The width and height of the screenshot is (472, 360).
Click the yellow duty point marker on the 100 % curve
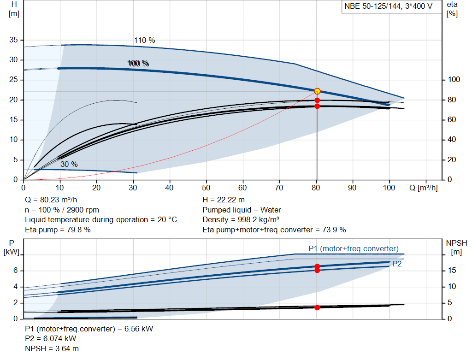pos(317,91)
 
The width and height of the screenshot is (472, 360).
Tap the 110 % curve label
pos(144,40)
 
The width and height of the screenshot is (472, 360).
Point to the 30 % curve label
pos(69,164)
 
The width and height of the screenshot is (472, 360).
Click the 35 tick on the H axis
pos(13,40)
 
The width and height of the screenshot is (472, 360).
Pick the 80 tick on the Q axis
pos(317,188)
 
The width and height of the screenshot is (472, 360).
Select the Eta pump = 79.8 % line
pos(58,230)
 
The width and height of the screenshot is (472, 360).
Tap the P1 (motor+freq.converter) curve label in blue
pos(353,248)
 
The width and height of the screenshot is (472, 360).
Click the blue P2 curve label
pos(396,264)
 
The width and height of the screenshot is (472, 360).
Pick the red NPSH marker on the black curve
pos(317,307)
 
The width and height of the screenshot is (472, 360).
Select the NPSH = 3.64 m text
pos(48,348)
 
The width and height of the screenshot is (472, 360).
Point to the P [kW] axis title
pos(12,248)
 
